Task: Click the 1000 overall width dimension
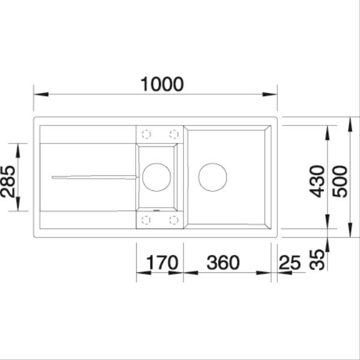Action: click(x=161, y=85)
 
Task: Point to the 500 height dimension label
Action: click(x=340, y=180)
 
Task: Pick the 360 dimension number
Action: click(x=223, y=263)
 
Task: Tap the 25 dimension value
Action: click(x=290, y=263)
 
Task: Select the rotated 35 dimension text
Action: click(x=319, y=259)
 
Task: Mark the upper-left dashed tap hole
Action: click(x=146, y=134)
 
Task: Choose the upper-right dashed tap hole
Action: click(x=173, y=134)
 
